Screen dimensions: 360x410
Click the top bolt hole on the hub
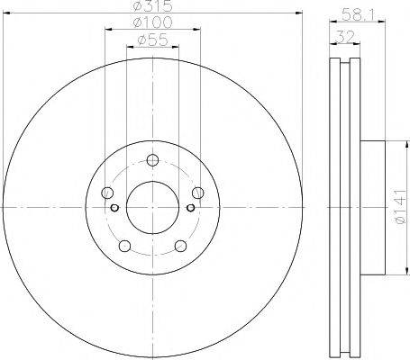[x=151, y=162]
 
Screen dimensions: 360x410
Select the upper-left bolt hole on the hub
[x=108, y=193]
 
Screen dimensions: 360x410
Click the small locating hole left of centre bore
[x=115, y=208]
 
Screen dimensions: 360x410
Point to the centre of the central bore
[x=151, y=208]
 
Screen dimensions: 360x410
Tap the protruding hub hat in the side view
[x=373, y=208]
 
